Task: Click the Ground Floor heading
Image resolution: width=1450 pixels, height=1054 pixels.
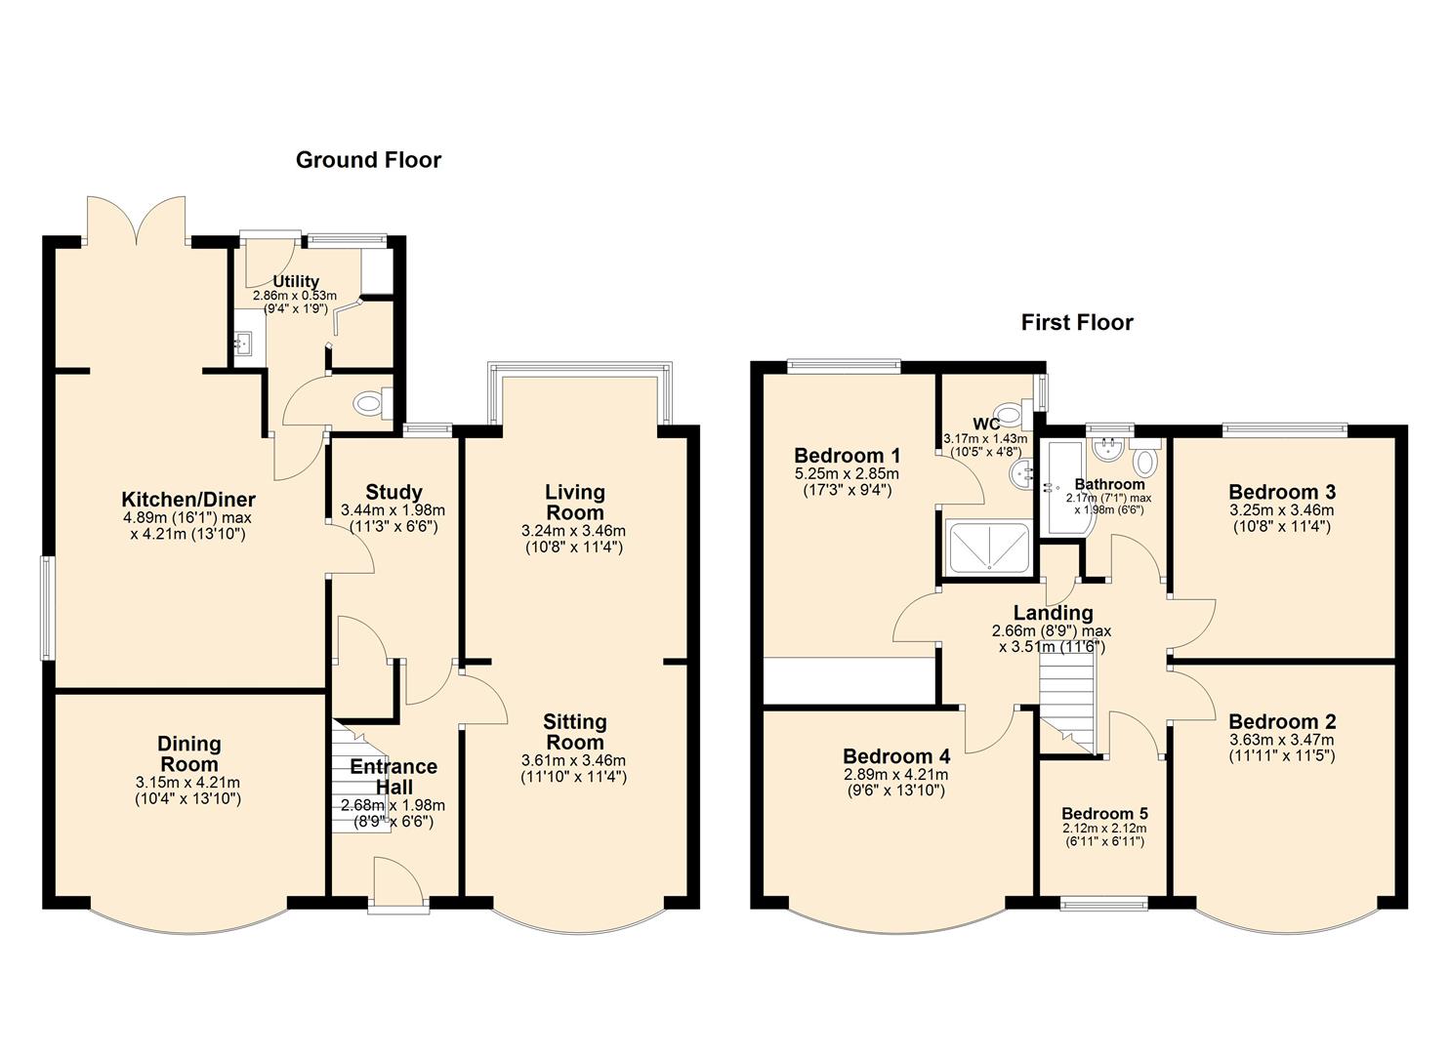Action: (x=368, y=160)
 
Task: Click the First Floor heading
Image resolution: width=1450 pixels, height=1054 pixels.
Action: (x=1077, y=322)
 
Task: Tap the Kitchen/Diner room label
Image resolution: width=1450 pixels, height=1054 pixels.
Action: (x=188, y=500)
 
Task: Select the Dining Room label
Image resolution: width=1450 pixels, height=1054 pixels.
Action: (x=189, y=754)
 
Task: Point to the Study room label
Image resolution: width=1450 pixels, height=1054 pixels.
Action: (x=394, y=492)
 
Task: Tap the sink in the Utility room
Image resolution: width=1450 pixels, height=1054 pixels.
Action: (x=245, y=344)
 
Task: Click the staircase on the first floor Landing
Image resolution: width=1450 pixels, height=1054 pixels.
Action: (x=1067, y=698)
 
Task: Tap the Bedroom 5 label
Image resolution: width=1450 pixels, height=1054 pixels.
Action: (x=1104, y=814)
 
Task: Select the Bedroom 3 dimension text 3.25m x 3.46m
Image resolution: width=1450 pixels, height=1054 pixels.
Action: (x=1282, y=510)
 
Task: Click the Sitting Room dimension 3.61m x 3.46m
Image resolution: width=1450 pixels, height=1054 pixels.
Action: (x=575, y=760)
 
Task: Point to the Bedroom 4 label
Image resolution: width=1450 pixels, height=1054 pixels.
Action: (x=895, y=756)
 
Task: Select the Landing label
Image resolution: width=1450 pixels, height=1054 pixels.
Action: (x=1053, y=613)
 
